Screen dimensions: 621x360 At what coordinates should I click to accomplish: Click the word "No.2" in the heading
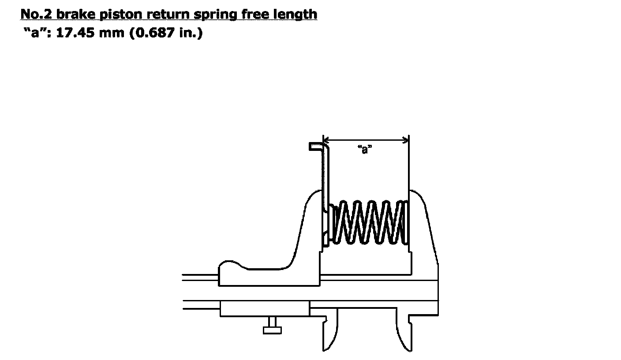point(36,14)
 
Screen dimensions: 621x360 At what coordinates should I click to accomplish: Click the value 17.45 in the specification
point(75,33)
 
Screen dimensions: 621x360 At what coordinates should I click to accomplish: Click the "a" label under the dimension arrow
point(365,149)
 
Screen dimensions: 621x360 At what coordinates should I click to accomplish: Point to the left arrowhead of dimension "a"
point(325,140)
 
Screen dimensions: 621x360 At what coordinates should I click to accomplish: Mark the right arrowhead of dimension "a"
point(406,140)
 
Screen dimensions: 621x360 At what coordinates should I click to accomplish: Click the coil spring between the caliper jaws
point(369,222)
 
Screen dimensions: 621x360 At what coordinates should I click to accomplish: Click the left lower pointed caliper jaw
point(330,333)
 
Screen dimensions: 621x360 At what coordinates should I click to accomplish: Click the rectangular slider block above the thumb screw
point(265,308)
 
